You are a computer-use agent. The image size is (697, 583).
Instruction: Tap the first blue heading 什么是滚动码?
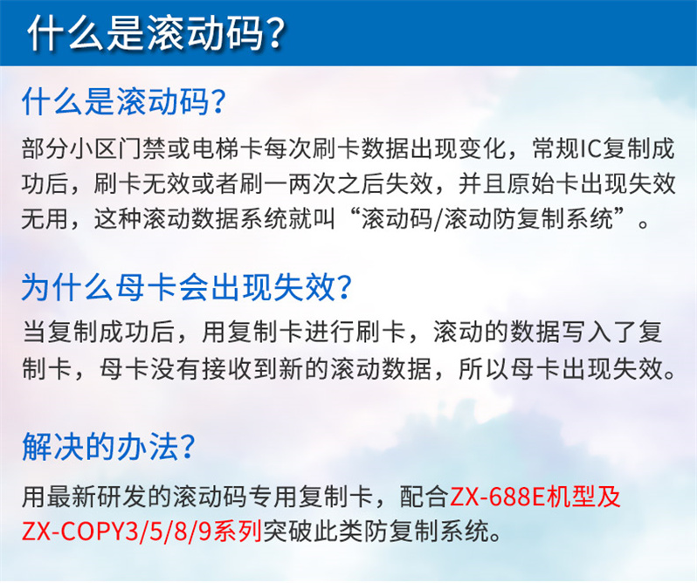[123, 102]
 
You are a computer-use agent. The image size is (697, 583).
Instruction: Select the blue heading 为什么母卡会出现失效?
[187, 287]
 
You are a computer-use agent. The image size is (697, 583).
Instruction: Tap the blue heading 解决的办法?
[108, 446]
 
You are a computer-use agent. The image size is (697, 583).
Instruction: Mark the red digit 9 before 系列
[204, 532]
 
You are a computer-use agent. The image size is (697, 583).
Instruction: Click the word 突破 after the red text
[287, 532]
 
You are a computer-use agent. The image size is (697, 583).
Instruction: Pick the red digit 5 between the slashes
[156, 532]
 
